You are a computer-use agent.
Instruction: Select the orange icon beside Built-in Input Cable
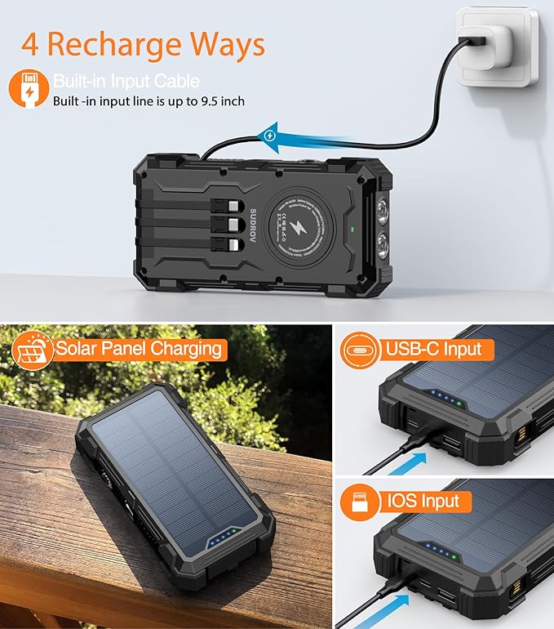(29, 90)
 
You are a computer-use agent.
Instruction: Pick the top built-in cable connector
(231, 207)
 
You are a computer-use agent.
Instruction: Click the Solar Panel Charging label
(139, 349)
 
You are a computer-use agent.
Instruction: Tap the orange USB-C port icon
(359, 350)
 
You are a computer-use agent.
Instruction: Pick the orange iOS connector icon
(359, 501)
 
